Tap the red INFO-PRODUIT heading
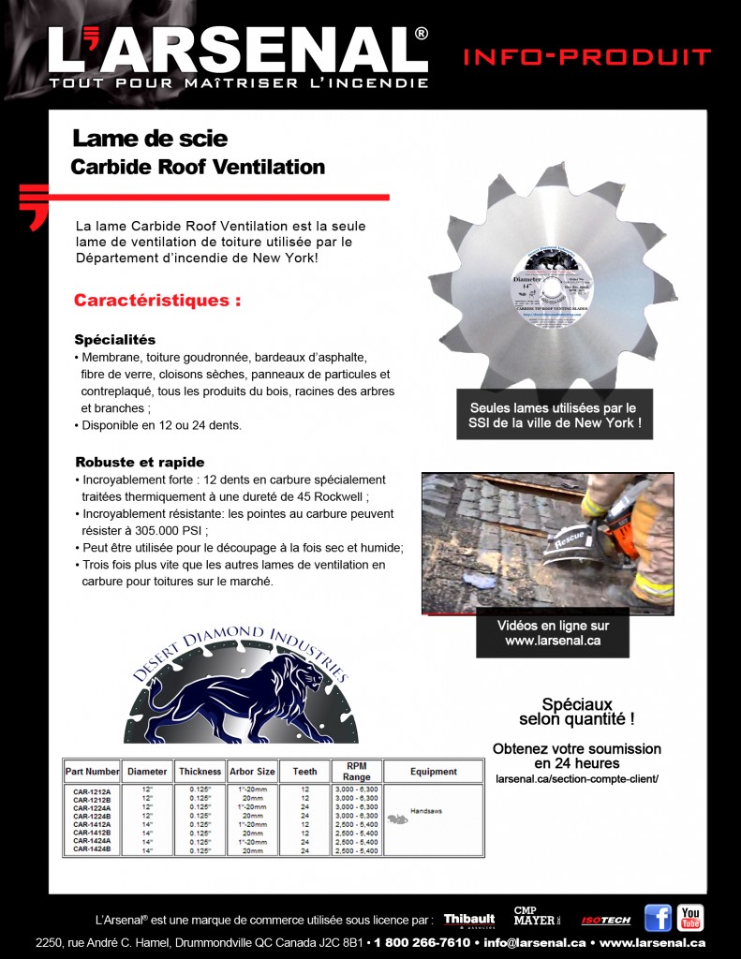586,58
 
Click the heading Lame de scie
150,140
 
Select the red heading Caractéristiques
157,302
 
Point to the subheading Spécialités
114,339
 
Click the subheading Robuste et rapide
140,462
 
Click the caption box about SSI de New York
553,415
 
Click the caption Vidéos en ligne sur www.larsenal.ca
553,633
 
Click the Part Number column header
92,772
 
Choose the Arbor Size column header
252,772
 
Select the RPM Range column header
356,771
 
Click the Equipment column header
434,772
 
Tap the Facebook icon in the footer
658,918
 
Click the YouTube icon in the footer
690,918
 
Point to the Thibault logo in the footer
469,920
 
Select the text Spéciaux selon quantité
577,711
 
